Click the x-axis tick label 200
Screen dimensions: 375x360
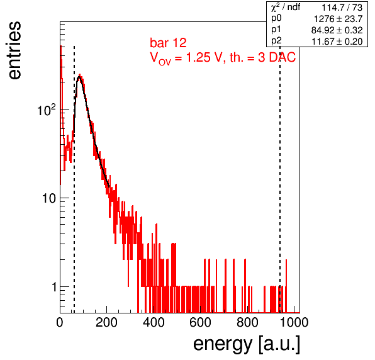tap(106, 322)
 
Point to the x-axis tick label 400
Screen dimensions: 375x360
tap(154, 322)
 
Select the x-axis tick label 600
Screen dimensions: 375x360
tap(201, 322)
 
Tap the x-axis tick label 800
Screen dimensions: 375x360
tap(247, 322)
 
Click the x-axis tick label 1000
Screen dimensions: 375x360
tap(294, 322)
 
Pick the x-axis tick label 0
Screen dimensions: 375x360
tap(60, 322)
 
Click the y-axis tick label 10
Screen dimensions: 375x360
tap(49, 198)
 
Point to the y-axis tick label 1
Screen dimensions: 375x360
tap(53, 287)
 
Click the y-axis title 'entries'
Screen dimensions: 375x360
tap(14, 50)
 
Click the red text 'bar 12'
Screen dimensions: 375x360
tap(168, 43)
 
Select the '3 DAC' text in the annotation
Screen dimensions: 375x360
tap(277, 57)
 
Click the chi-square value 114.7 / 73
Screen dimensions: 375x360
tap(342, 8)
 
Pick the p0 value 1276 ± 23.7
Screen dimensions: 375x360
tap(338, 19)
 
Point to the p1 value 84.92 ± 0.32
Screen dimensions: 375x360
tap(337, 30)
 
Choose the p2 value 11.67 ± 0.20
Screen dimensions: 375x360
tap(337, 42)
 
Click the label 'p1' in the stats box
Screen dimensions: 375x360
tap(276, 30)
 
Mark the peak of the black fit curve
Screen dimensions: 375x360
tap(79, 77)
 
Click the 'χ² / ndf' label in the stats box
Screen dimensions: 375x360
tap(286, 7)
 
